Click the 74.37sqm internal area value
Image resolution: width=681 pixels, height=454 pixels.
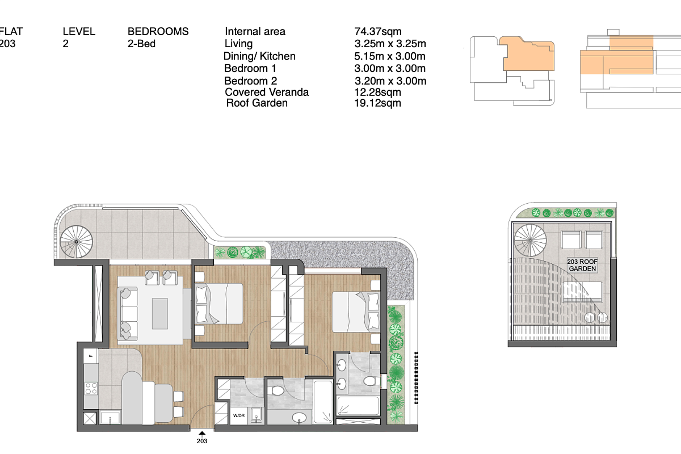(378, 32)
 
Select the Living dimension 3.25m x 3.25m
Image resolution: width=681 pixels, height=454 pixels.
(390, 44)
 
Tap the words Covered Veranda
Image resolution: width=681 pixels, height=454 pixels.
(267, 92)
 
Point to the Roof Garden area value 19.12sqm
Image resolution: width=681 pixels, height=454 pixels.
(377, 103)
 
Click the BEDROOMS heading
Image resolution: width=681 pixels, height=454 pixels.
(158, 32)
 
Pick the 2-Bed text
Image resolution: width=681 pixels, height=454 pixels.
(141, 44)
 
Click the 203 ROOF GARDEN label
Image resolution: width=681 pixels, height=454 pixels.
(582, 265)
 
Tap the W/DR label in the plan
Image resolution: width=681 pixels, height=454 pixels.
(239, 415)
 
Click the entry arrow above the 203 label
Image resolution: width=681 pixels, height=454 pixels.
(202, 434)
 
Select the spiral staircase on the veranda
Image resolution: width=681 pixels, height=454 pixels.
(76, 242)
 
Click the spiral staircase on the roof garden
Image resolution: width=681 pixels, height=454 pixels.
(530, 240)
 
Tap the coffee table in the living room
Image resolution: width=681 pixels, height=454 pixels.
(160, 314)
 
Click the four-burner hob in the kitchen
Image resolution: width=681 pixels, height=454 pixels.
(91, 388)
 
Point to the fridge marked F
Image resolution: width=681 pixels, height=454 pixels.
(91, 356)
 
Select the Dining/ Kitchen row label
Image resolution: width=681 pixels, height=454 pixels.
(259, 56)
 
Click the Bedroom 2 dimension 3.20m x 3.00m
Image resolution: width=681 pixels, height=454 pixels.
(390, 81)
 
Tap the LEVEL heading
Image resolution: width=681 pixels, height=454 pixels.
(79, 32)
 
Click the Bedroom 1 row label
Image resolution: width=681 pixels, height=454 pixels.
(250, 69)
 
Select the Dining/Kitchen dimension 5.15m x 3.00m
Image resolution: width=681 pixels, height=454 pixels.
(390, 56)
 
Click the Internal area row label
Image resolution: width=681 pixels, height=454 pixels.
(255, 32)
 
